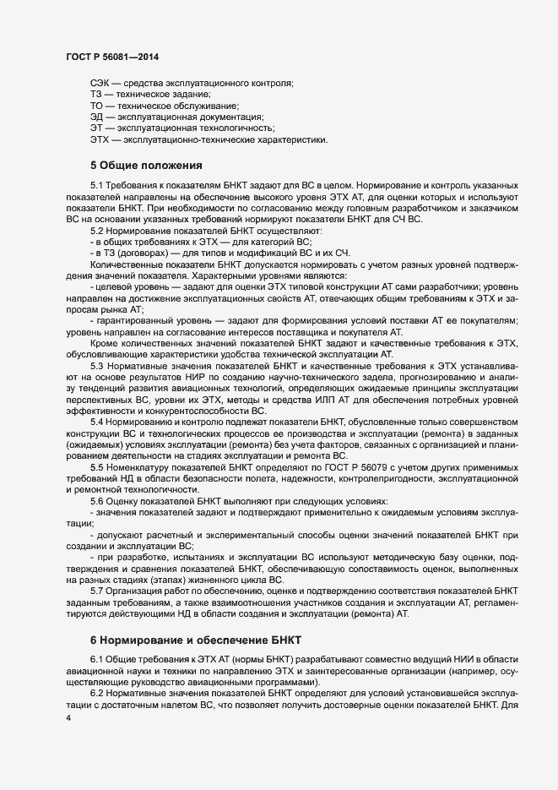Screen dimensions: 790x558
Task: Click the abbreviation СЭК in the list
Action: click(100, 83)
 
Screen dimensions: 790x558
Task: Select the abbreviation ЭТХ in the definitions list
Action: click(99, 139)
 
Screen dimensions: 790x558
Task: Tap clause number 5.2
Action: click(96, 231)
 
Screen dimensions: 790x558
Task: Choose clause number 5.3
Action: click(96, 364)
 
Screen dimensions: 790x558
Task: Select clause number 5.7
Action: click(96, 591)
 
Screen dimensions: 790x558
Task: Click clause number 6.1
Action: click(96, 659)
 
